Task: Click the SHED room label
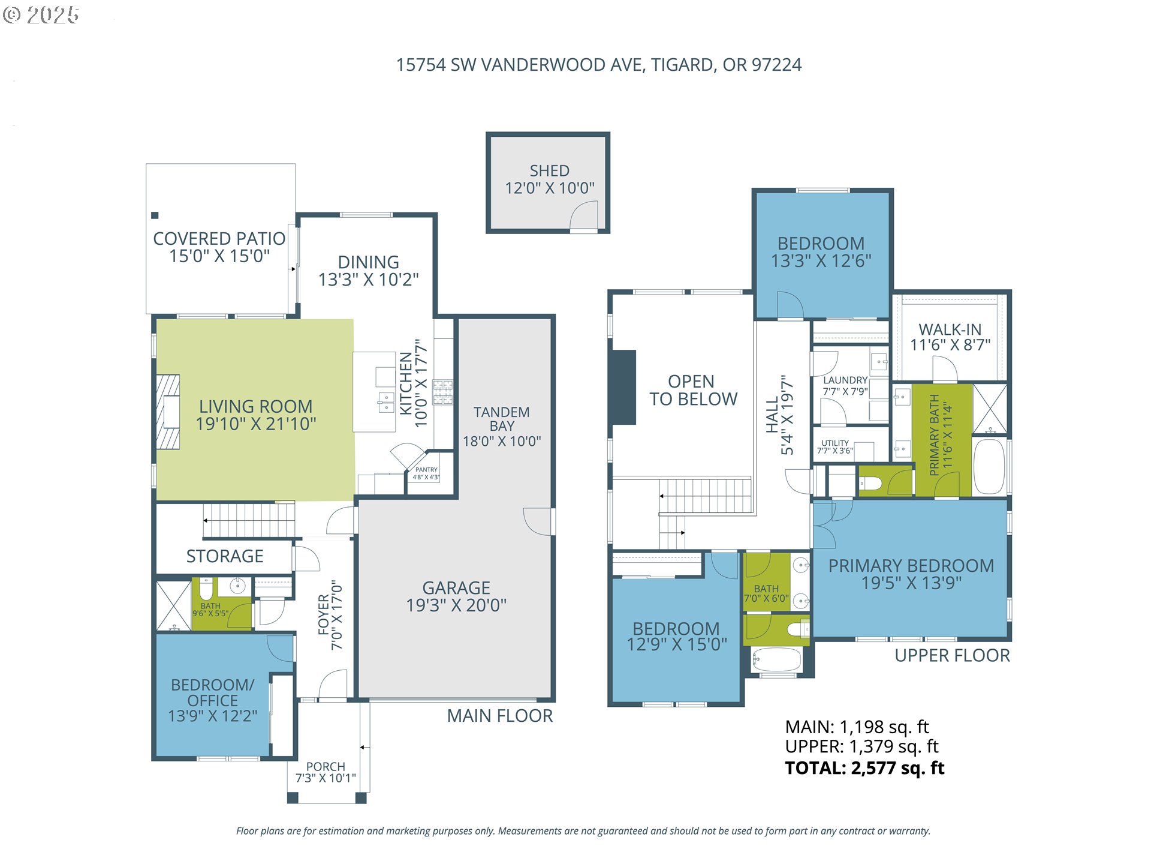click(x=549, y=171)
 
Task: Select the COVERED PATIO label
click(x=219, y=239)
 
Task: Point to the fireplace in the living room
click(x=168, y=412)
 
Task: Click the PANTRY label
click(x=426, y=470)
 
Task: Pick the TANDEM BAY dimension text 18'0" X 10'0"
click(x=502, y=442)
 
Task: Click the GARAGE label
click(x=456, y=588)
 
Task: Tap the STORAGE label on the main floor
click(x=225, y=556)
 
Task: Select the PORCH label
click(x=326, y=767)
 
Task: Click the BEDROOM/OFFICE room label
click(x=213, y=692)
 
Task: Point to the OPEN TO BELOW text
click(x=693, y=390)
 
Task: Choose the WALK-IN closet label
click(x=950, y=329)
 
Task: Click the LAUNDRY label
click(x=845, y=380)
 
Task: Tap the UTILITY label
click(x=835, y=443)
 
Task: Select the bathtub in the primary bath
click(x=989, y=467)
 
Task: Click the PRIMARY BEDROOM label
click(x=911, y=566)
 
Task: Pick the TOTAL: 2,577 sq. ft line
click(x=865, y=768)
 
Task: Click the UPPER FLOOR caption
click(x=953, y=655)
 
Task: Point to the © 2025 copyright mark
click(x=41, y=15)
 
